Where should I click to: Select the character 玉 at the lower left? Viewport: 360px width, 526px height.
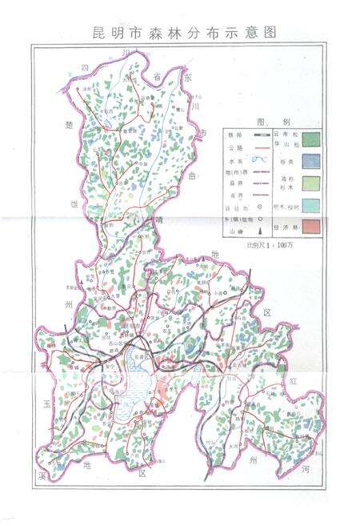pos(47,406)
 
